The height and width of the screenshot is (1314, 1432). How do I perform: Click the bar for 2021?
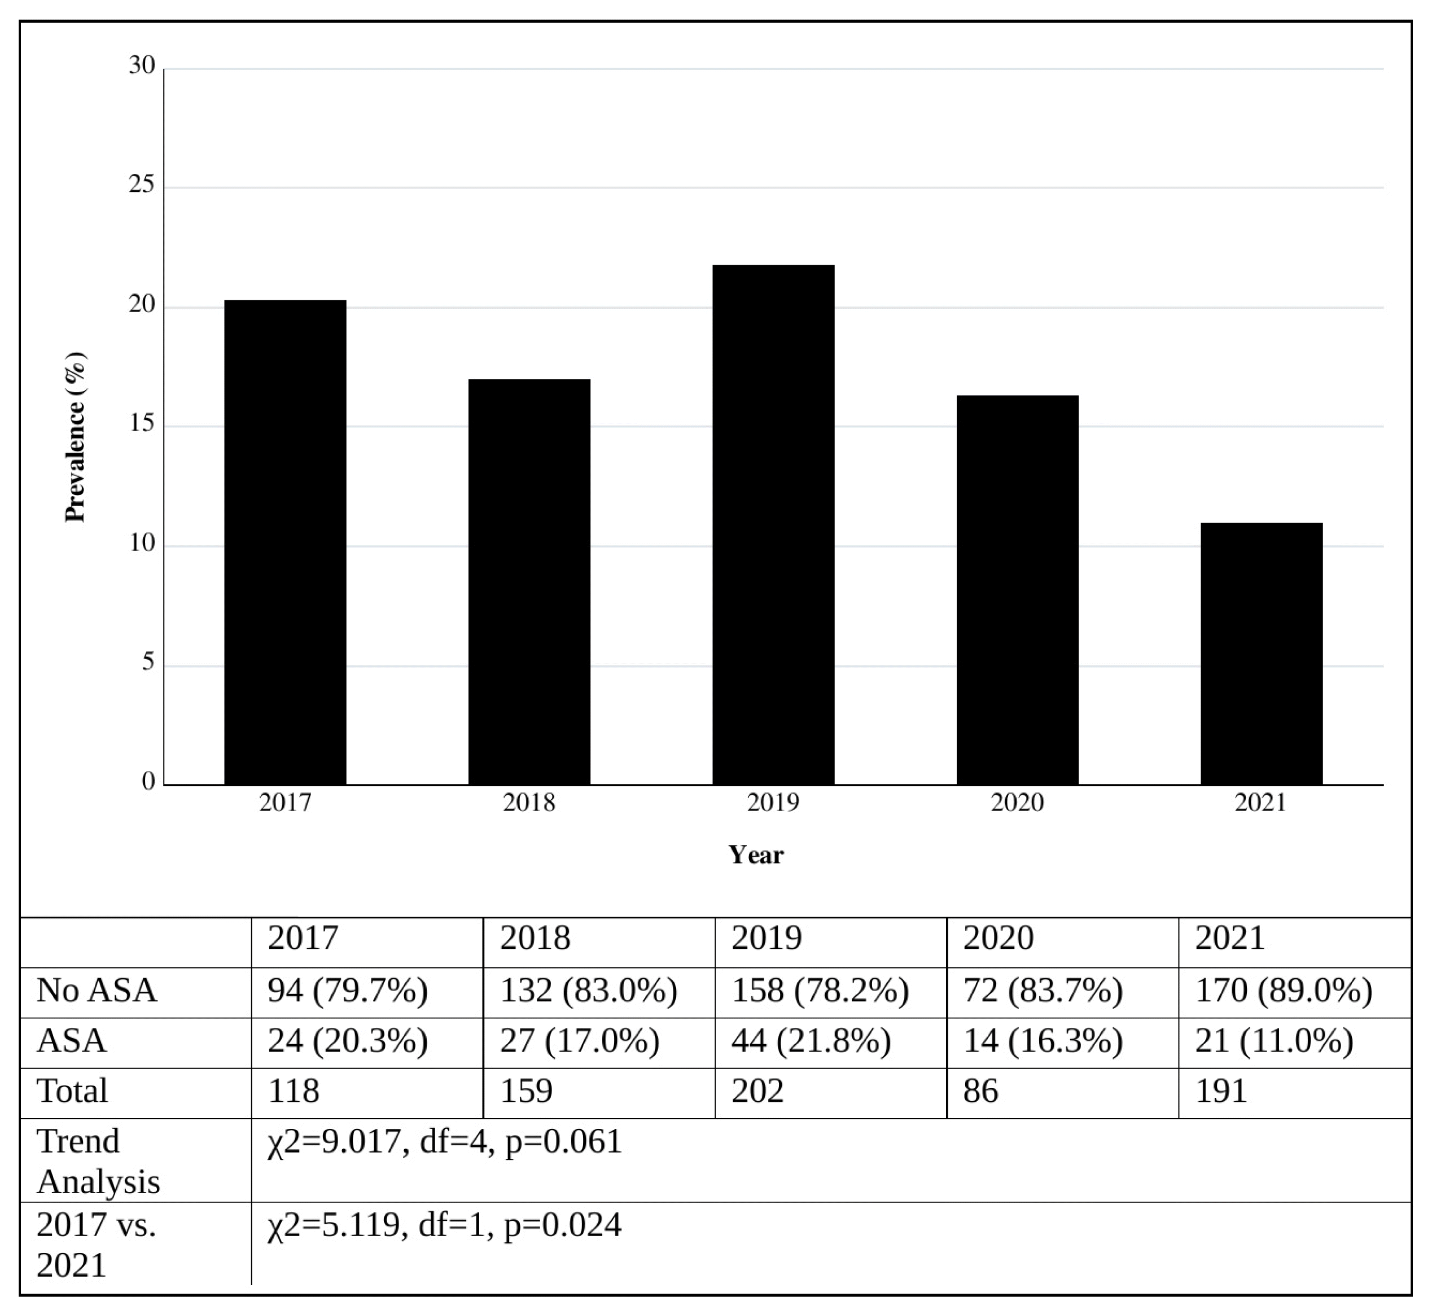click(1262, 654)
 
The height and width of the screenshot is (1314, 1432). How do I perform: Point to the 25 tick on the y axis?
click(142, 186)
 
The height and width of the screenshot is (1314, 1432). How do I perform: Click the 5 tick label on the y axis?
click(148, 663)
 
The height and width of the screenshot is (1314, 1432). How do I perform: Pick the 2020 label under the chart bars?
click(1017, 803)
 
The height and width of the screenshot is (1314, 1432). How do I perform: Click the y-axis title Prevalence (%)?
click(76, 437)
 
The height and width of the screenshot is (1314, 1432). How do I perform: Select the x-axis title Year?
click(755, 855)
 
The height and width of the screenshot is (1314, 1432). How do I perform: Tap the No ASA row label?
click(97, 991)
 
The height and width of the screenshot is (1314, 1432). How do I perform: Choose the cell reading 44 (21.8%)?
click(811, 1041)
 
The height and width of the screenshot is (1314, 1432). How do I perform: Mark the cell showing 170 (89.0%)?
click(1284, 991)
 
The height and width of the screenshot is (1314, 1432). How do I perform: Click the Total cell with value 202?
click(757, 1090)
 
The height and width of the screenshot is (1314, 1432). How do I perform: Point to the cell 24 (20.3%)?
click(348, 1041)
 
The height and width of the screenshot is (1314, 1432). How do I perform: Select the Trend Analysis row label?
click(98, 1161)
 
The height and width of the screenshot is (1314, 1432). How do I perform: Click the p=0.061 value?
click(563, 1141)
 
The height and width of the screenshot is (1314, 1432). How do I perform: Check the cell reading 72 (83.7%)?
click(1043, 991)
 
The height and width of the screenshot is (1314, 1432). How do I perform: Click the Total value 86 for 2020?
click(980, 1090)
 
